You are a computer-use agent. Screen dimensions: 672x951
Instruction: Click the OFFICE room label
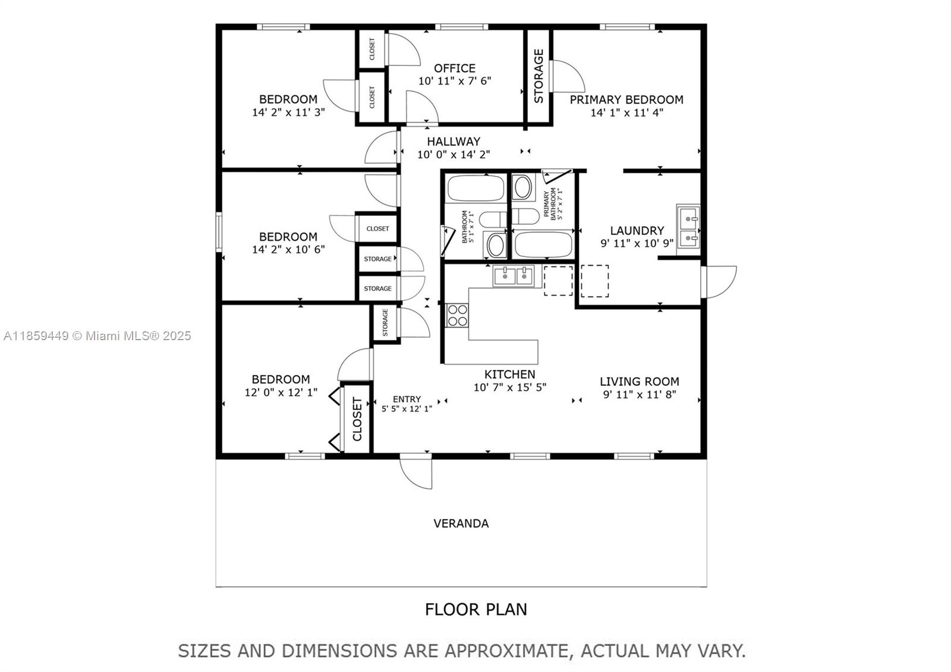click(x=454, y=68)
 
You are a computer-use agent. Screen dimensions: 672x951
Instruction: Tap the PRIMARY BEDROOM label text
click(x=626, y=100)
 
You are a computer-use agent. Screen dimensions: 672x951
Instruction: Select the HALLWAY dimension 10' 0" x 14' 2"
click(x=454, y=155)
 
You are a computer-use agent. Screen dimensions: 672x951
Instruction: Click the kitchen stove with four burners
click(x=457, y=315)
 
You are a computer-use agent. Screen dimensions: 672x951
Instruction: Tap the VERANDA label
click(x=461, y=524)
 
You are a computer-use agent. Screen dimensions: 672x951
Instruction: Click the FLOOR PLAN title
click(x=475, y=610)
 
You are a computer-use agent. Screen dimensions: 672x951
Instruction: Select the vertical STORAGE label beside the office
click(x=539, y=76)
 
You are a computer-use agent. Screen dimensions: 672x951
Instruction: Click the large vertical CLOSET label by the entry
click(x=357, y=419)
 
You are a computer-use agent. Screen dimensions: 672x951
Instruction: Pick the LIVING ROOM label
click(x=639, y=382)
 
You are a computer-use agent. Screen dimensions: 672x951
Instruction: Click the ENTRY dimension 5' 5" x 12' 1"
click(x=407, y=409)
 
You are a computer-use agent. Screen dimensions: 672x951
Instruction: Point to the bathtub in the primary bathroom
click(x=543, y=244)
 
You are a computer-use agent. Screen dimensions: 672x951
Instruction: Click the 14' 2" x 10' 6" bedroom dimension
click(x=288, y=250)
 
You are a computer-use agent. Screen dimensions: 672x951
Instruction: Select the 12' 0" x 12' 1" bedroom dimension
click(x=281, y=392)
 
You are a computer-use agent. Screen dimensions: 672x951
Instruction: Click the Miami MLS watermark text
click(x=97, y=336)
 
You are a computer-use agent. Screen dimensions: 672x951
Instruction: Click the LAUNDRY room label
click(x=637, y=231)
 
